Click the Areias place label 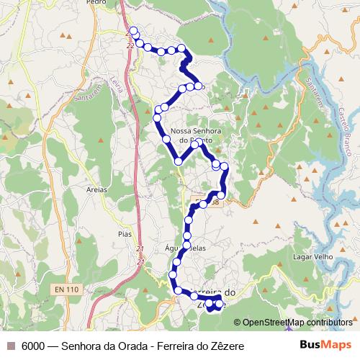[x=96, y=189]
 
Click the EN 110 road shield [x=66, y=289]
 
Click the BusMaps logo [x=326, y=345]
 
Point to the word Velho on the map [x=325, y=256]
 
